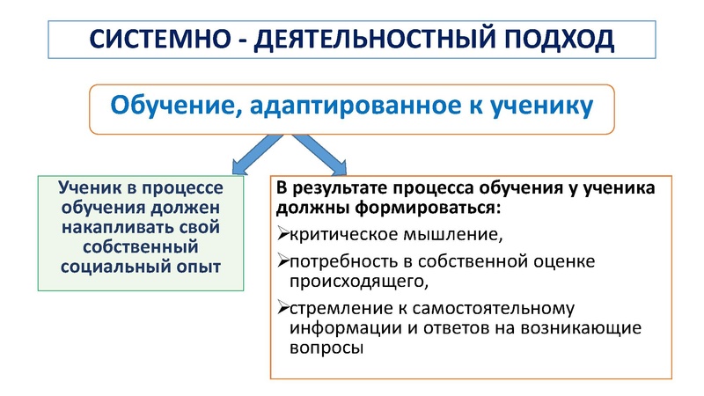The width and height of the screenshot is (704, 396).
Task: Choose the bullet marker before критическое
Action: pyautogui.click(x=282, y=235)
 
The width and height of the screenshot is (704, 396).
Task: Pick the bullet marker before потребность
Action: pyautogui.click(x=282, y=261)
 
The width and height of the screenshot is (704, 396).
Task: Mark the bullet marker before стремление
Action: pyautogui.click(x=282, y=308)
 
